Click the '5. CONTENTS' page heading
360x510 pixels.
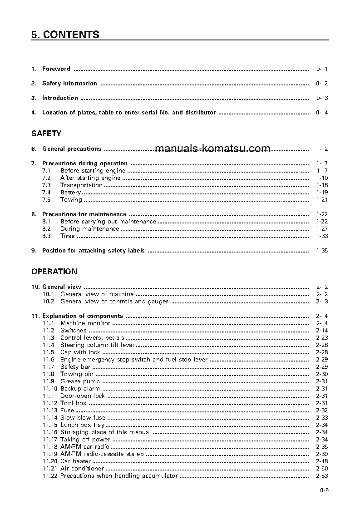65,35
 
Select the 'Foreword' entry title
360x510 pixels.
56,69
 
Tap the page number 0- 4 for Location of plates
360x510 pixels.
322,113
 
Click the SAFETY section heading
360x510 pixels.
46,134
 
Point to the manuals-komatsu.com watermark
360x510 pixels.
212,149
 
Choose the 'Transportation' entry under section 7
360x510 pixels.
81,185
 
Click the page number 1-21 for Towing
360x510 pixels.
322,200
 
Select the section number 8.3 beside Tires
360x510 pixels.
46,236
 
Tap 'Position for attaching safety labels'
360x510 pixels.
94,251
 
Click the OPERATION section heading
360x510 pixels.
54,272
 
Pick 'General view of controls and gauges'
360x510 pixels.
114,302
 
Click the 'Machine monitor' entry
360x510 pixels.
85,323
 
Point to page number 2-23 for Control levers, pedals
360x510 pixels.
322,338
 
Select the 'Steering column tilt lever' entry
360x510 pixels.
98,345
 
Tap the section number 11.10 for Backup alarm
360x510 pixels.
50,389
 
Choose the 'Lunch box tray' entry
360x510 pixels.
82,425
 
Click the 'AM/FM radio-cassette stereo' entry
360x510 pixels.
102,454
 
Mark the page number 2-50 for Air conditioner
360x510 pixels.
322,469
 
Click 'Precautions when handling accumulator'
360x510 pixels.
119,476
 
